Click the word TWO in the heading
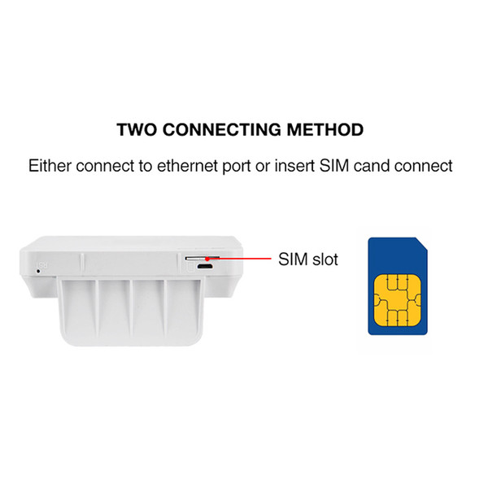click(x=137, y=130)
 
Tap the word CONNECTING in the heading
click(x=221, y=130)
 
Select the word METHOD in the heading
click(x=325, y=130)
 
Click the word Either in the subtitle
click(x=50, y=166)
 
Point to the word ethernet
click(x=187, y=166)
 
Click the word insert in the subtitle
click(x=294, y=166)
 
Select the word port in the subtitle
click(x=237, y=167)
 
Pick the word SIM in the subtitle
click(x=334, y=166)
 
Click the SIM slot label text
click(x=308, y=259)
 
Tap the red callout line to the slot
click(x=238, y=259)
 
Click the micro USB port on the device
click(x=204, y=267)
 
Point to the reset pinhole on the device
click(x=38, y=271)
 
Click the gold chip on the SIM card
click(x=398, y=300)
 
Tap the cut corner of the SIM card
click(x=421, y=244)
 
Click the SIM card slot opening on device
click(x=203, y=258)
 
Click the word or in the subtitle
click(x=263, y=167)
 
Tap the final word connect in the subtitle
click(x=423, y=166)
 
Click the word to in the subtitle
click(x=146, y=166)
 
